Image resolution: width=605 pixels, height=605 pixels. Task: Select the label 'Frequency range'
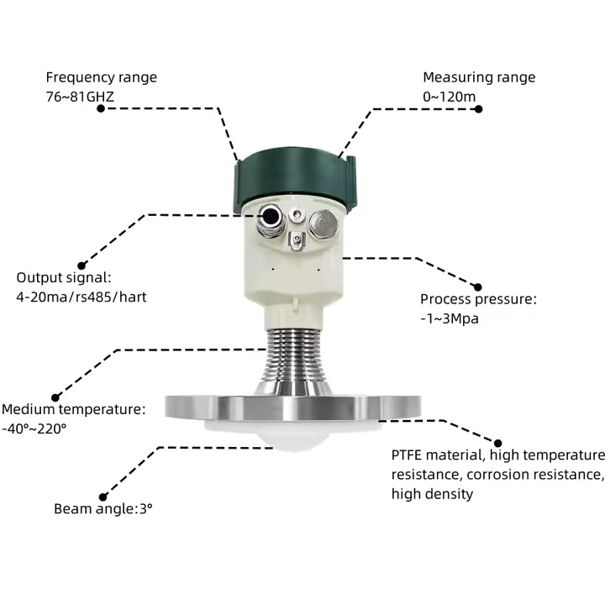[101, 77]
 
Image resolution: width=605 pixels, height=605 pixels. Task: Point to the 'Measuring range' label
[478, 77]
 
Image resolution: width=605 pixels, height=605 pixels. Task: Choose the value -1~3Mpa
[450, 318]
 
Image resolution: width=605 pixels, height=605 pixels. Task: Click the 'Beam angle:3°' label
[103, 508]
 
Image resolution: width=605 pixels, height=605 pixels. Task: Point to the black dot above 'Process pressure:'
[478, 287]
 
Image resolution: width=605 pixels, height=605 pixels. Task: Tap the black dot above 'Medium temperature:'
[56, 397]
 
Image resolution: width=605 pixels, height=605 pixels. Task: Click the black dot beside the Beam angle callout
[103, 497]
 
